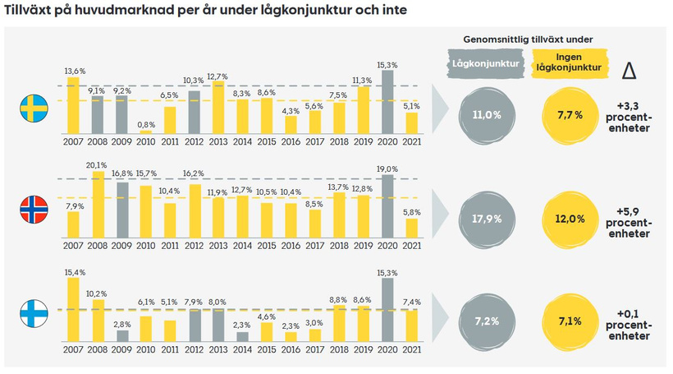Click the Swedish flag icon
tap(34, 107)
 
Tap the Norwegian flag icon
tap(34, 211)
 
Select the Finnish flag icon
tap(34, 314)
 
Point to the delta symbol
tap(630, 71)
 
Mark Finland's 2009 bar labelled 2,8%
tap(122, 335)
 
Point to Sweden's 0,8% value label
tap(146, 124)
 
